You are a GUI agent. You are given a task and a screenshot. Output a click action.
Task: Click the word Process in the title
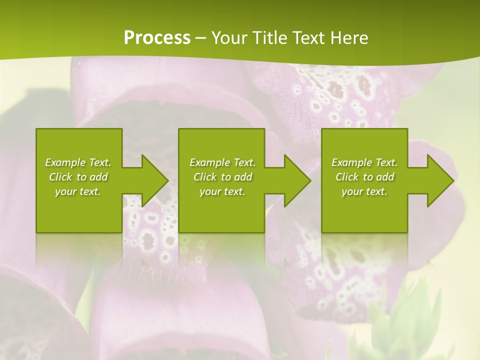pyautogui.click(x=157, y=38)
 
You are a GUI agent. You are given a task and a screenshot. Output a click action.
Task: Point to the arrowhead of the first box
pyautogui.click(x=152, y=180)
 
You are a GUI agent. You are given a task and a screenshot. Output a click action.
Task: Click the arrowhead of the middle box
pyautogui.click(x=295, y=180)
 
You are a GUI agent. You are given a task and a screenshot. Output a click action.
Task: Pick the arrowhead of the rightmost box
pyautogui.click(x=438, y=180)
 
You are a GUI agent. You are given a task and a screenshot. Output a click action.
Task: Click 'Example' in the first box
pyautogui.click(x=65, y=162)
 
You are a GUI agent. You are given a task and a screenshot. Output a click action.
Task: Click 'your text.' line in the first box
pyautogui.click(x=78, y=191)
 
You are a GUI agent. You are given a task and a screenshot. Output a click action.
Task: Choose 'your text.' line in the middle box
pyautogui.click(x=222, y=191)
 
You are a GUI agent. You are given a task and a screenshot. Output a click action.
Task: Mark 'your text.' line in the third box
pyautogui.click(x=364, y=191)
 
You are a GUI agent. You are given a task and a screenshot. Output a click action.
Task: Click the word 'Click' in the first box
pyautogui.click(x=60, y=177)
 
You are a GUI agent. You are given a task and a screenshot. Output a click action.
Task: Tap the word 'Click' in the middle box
pyautogui.click(x=205, y=177)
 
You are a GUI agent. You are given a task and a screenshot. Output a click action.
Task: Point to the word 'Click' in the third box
pyautogui.click(x=347, y=177)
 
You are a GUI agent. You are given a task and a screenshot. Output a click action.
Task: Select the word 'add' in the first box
pyautogui.click(x=99, y=177)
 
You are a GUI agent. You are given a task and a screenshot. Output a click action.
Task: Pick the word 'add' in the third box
pyautogui.click(x=385, y=177)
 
